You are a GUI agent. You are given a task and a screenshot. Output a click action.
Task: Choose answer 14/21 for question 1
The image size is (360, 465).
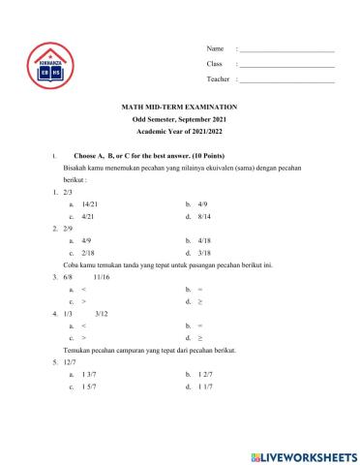pyautogui.click(x=90, y=205)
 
